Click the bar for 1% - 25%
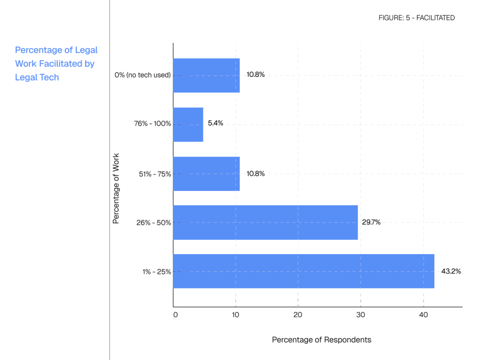click(x=303, y=271)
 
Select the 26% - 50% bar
click(x=265, y=222)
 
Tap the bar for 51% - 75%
click(x=206, y=173)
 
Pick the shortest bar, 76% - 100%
click(x=188, y=124)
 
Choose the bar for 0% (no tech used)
click(x=206, y=75)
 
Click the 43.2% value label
click(x=451, y=271)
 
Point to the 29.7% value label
click(x=371, y=222)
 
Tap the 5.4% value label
click(x=215, y=123)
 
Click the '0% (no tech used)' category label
click(x=143, y=75)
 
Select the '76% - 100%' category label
click(x=153, y=124)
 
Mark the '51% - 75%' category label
click(x=155, y=174)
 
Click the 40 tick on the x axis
click(x=423, y=315)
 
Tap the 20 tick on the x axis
click(x=298, y=315)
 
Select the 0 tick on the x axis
click(x=175, y=315)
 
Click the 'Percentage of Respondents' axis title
click(x=321, y=340)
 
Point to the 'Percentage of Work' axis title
click(x=116, y=188)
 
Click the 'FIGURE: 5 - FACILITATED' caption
click(x=416, y=18)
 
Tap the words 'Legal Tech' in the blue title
click(x=37, y=77)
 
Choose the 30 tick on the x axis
click(x=361, y=315)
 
